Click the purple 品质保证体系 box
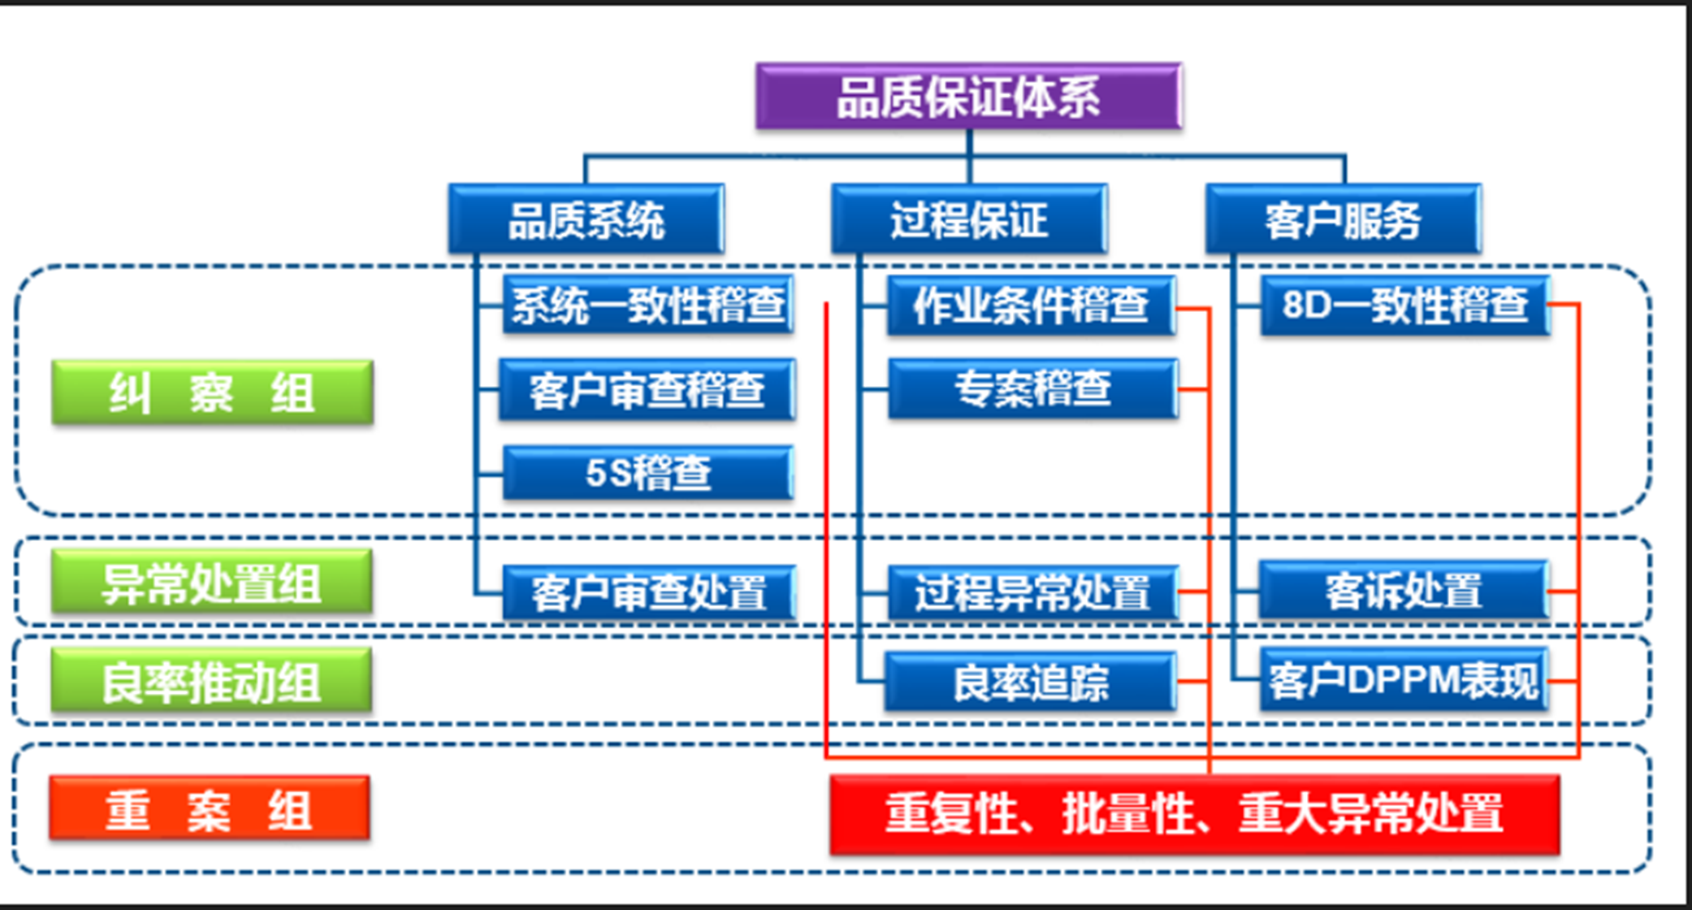968,97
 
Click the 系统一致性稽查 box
647,305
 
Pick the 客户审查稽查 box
647,390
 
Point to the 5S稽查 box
647,472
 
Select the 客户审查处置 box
648,592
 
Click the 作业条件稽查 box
1031,305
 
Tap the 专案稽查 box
1032,389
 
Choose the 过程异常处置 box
1032,592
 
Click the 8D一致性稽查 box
1404,305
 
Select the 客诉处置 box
1404,591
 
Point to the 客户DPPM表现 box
1404,680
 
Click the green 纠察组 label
212,393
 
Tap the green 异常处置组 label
212,583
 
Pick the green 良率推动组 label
211,681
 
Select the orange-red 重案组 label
210,808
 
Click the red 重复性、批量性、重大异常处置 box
1194,813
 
